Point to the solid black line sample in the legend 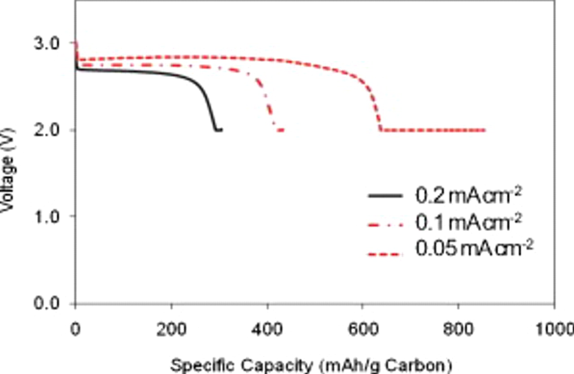(x=385, y=196)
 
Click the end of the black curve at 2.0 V (x=222, y=130)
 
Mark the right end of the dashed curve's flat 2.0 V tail (x=485, y=130)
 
